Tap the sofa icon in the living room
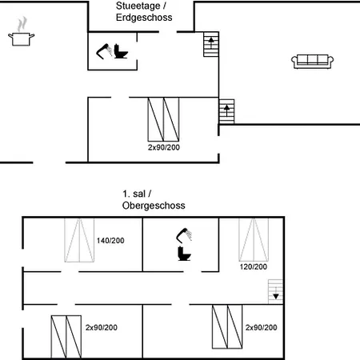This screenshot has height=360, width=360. (x=312, y=62)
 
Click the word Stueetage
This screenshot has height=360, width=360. (x=138, y=6)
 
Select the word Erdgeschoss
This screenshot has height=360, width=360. (x=144, y=18)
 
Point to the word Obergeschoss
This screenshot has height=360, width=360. (x=154, y=206)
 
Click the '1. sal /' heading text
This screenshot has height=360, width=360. (x=137, y=194)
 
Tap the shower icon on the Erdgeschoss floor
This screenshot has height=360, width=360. (x=104, y=51)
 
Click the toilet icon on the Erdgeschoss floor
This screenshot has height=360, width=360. (x=121, y=51)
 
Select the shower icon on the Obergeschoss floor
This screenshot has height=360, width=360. (x=184, y=235)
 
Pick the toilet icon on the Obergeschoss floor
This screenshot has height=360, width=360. (x=184, y=254)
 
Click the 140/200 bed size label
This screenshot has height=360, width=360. (x=110, y=241)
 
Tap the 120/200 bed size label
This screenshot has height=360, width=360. (x=254, y=266)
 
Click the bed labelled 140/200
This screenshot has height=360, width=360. (x=79, y=240)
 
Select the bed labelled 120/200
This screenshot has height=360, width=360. (x=254, y=239)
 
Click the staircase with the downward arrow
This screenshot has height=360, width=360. (x=275, y=291)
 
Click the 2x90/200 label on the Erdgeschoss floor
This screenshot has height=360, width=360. (x=164, y=147)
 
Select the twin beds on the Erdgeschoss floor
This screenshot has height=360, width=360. (x=163, y=119)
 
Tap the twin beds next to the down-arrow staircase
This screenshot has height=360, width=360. (x=227, y=326)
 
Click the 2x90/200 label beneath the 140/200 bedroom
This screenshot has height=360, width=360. (x=102, y=327)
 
